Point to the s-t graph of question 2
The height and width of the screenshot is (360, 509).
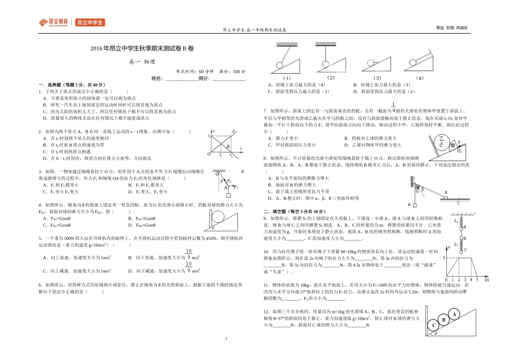click(x=221, y=143)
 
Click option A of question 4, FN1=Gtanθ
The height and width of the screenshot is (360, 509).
click(x=62, y=219)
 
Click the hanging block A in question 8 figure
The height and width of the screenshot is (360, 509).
click(x=413, y=204)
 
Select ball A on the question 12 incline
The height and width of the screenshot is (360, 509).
click(x=454, y=314)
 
